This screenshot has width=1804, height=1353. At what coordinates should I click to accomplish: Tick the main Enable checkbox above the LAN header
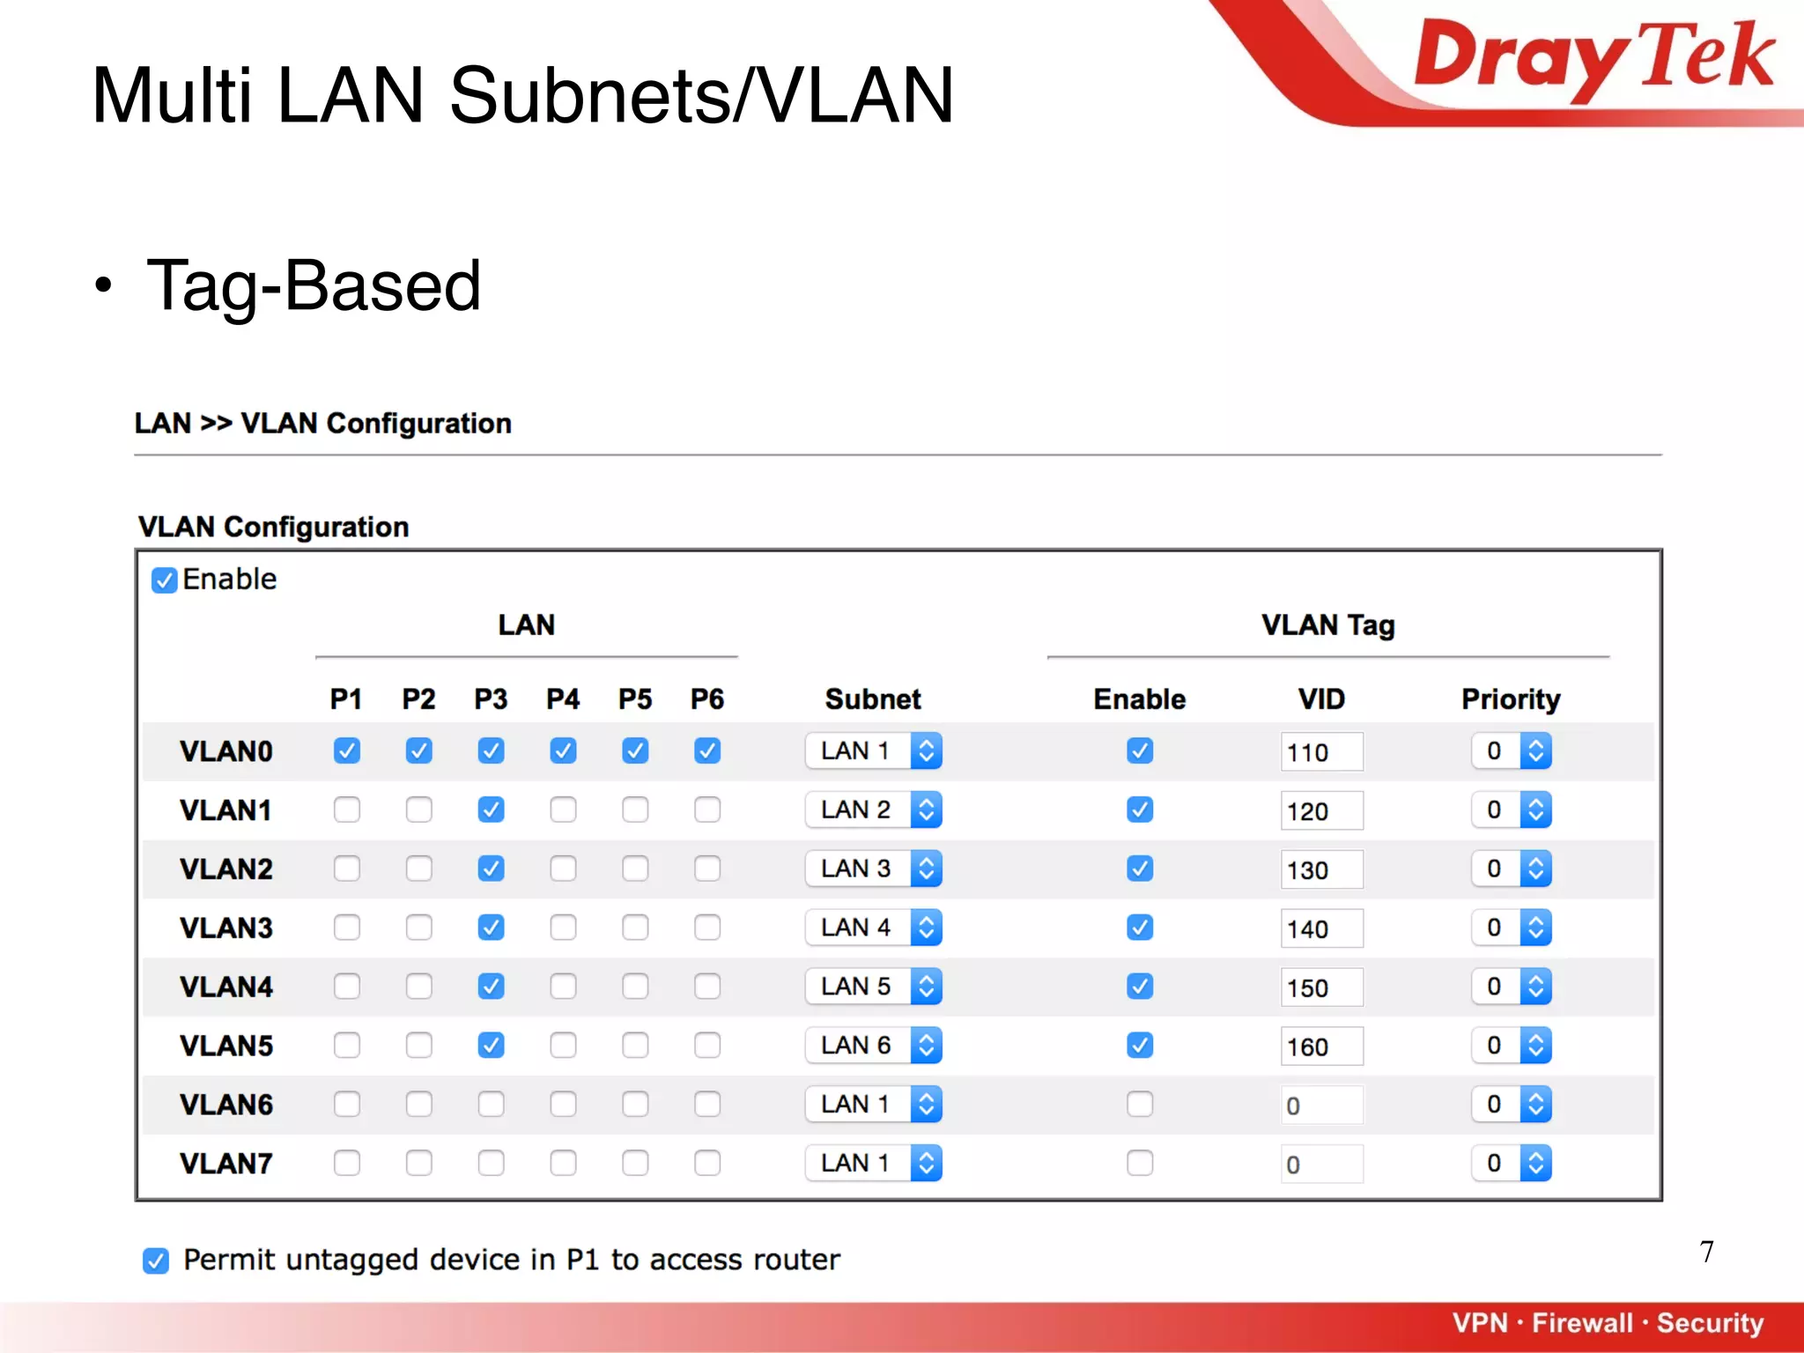tap(165, 580)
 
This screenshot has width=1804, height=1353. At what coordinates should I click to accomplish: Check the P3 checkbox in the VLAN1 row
tap(491, 810)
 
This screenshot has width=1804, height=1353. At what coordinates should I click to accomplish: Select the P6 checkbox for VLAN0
tap(707, 750)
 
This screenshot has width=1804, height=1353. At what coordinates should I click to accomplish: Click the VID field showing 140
tap(1320, 928)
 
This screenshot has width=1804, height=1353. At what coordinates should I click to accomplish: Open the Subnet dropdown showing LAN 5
tap(873, 987)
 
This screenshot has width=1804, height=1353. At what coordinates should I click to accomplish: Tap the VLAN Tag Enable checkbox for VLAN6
tap(1140, 1104)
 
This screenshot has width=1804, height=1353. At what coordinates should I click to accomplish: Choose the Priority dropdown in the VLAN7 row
tap(1511, 1163)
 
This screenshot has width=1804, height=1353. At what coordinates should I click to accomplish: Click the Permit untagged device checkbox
tap(156, 1261)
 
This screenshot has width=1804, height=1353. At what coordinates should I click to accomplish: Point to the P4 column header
tap(563, 699)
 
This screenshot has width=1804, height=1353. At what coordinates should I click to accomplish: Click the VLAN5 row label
tap(226, 1046)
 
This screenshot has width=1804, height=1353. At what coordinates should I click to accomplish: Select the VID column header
tap(1321, 699)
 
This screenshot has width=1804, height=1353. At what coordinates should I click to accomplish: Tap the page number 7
tap(1706, 1252)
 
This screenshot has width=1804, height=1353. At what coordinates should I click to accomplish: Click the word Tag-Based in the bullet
tap(314, 285)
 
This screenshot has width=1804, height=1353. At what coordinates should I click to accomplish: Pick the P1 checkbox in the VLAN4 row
tap(347, 987)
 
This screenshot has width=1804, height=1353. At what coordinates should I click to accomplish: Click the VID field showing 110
tap(1320, 752)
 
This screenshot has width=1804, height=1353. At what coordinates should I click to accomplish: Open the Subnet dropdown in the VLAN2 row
tap(873, 869)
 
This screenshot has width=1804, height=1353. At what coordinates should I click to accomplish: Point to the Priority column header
tap(1511, 699)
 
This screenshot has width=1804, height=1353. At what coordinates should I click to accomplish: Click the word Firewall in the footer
tap(1582, 1323)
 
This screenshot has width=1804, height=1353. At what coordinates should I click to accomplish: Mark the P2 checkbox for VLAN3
tap(419, 928)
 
